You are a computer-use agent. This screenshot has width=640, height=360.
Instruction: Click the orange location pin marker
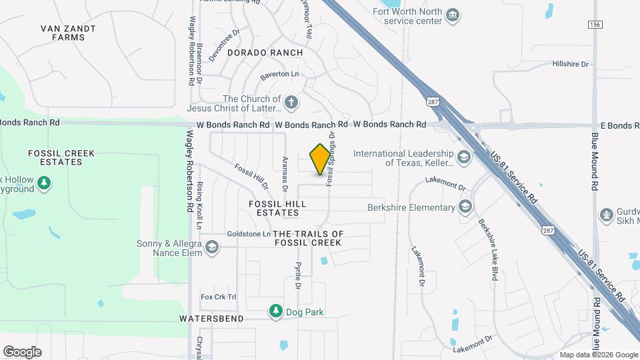321,159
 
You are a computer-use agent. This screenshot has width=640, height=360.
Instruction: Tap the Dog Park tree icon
275,311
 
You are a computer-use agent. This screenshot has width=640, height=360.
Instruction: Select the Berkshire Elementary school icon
465,207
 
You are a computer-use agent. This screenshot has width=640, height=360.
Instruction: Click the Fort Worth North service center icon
453,15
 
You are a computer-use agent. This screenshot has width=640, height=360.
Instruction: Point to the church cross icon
291,103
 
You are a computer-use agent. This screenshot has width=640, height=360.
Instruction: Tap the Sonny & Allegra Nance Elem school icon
211,248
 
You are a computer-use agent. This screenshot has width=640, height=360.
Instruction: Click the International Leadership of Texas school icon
464,158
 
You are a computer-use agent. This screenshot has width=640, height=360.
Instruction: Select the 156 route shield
595,24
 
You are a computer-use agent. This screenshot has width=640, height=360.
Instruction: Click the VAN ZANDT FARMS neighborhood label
68,33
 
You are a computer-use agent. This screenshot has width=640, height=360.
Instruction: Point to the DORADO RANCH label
265,52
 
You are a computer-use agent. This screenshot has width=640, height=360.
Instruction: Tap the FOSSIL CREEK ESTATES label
61,157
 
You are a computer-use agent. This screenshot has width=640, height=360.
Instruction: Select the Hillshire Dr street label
571,64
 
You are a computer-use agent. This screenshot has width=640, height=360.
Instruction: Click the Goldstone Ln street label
248,234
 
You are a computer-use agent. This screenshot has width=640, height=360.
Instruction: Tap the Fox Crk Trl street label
219,297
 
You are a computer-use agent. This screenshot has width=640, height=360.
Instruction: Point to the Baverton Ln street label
280,74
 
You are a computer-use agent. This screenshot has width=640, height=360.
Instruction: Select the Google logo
22,352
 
